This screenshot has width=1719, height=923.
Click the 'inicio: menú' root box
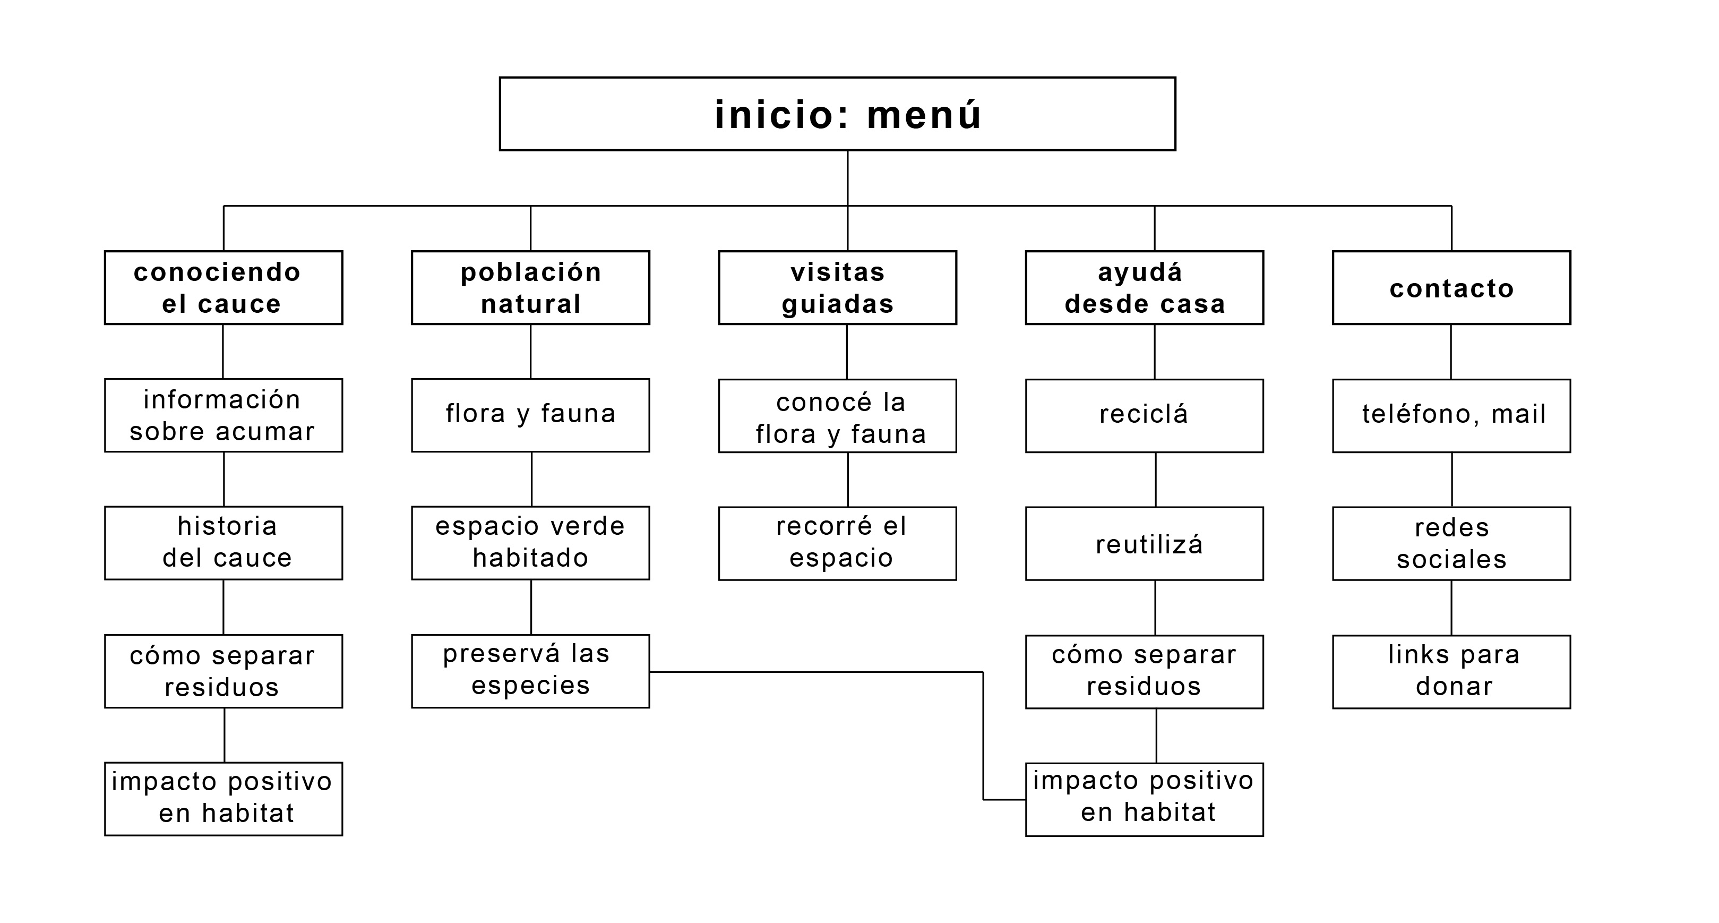[837, 114]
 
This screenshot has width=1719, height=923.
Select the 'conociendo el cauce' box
[224, 288]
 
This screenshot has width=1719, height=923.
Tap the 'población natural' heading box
[530, 288]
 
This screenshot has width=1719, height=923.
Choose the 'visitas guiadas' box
[838, 288]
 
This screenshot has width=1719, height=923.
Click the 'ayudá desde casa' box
[1145, 288]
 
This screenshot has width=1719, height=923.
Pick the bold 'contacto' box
[1451, 288]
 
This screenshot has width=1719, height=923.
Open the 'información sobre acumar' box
[224, 415]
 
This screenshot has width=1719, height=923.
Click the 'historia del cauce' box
[224, 543]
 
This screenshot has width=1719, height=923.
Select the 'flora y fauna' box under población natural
[530, 415]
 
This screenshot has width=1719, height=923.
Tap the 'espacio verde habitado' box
[530, 543]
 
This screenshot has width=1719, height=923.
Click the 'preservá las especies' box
[530, 671]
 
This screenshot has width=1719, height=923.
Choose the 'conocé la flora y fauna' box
[838, 416]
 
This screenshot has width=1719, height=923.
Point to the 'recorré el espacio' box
[838, 543]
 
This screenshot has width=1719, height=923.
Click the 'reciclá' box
[1145, 416]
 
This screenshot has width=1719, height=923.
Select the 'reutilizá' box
[1145, 543]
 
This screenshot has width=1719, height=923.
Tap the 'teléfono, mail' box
[1451, 416]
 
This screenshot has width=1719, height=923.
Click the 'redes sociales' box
[1451, 543]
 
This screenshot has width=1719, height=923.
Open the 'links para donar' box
[1451, 671]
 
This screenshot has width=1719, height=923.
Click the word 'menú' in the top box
[924, 115]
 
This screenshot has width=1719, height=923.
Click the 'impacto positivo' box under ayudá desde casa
[1145, 799]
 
